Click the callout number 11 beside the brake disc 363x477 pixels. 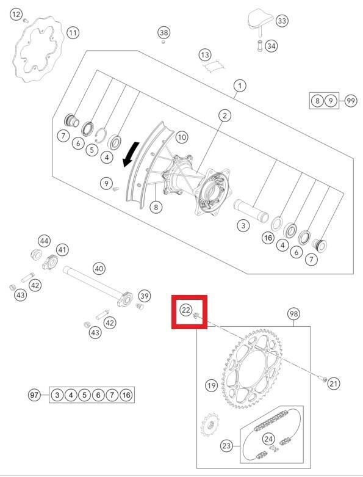click(x=73, y=32)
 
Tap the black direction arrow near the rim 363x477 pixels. click(x=131, y=155)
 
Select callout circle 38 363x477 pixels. click(x=164, y=32)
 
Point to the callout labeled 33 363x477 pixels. click(x=282, y=21)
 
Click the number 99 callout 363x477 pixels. click(x=351, y=100)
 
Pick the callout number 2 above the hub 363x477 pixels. click(x=225, y=115)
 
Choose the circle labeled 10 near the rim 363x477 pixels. click(x=182, y=137)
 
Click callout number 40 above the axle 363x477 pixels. click(x=99, y=269)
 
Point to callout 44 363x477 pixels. click(x=45, y=241)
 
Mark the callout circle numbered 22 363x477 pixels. click(x=186, y=310)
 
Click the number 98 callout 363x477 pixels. click(x=293, y=314)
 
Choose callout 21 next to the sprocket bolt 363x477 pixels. click(x=334, y=384)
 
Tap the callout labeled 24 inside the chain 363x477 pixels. click(x=268, y=439)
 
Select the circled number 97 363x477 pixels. click(x=35, y=395)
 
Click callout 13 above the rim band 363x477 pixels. click(x=205, y=55)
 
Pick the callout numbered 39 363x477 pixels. click(x=145, y=296)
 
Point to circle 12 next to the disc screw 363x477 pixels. click(x=16, y=14)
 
